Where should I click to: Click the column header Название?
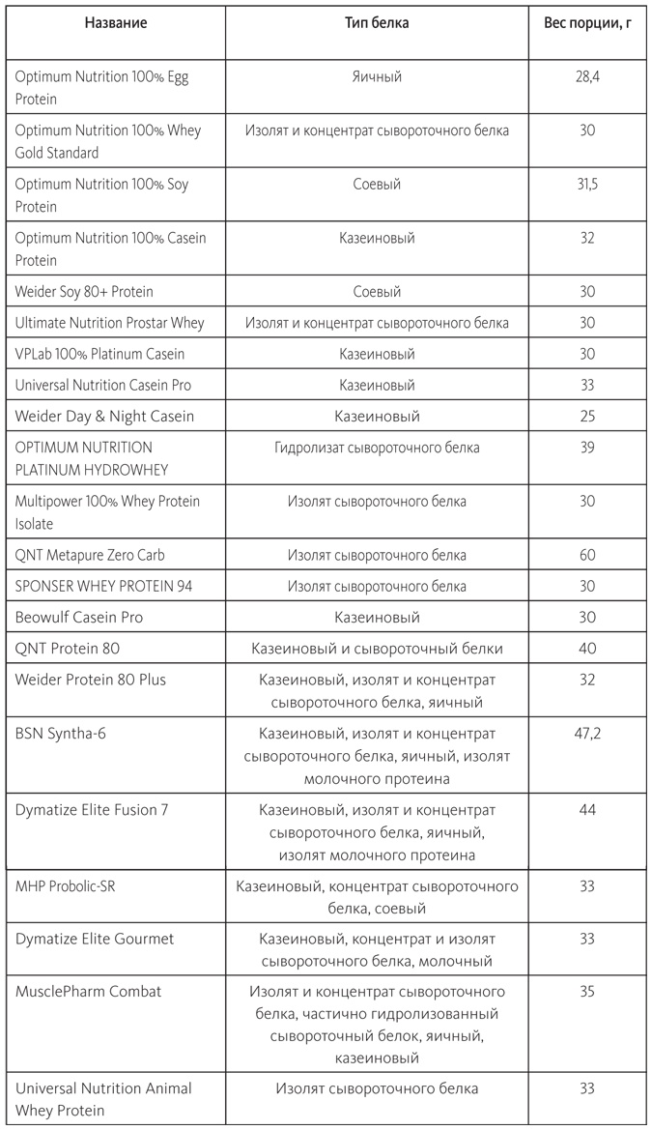116,23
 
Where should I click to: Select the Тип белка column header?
377,23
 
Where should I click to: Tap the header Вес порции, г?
587,23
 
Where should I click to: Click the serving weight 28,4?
587,76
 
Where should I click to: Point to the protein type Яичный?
377,76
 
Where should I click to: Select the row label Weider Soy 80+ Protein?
84,292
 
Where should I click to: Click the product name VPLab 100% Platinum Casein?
99,354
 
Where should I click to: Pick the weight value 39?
587,448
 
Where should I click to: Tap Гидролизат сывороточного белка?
377,448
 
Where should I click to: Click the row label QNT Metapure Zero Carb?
90,555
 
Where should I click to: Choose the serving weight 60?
587,555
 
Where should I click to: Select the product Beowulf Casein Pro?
79,617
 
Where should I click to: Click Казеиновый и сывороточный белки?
377,648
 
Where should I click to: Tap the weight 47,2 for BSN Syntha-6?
587,734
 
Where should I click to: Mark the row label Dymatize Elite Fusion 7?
92,810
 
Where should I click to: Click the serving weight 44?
587,810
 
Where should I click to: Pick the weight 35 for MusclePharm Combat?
587,992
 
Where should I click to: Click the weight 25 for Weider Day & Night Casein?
587,417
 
